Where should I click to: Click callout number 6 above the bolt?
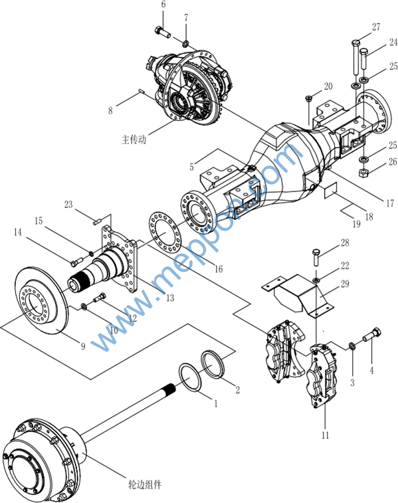click(163, 5)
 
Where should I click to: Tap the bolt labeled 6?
click(163, 32)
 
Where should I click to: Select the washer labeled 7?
click(186, 43)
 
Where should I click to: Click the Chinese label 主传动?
click(134, 140)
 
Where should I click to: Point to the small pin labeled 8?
click(142, 92)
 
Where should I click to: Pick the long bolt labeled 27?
click(356, 57)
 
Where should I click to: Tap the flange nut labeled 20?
click(309, 99)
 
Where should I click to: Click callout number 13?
click(170, 298)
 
